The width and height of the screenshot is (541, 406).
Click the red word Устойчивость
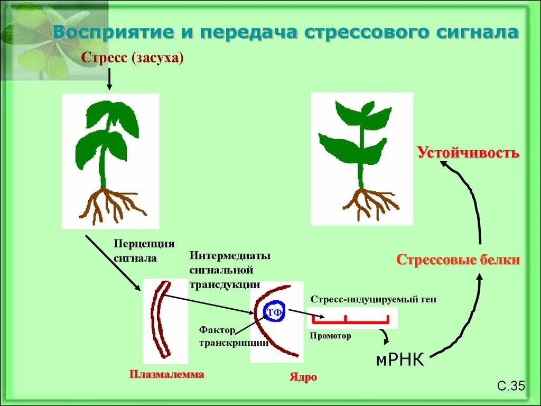click(x=468, y=153)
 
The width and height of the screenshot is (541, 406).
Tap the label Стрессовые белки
click(x=458, y=260)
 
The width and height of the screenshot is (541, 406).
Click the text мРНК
click(x=399, y=361)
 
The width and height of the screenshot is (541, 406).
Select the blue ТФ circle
click(x=274, y=312)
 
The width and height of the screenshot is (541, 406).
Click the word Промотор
click(x=330, y=336)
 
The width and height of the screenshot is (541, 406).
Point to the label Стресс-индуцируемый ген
click(x=374, y=299)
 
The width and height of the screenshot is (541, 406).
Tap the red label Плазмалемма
click(x=166, y=375)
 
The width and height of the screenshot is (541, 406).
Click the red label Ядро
click(x=303, y=377)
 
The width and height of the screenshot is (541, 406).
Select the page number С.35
click(x=511, y=387)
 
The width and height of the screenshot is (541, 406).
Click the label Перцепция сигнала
click(x=144, y=251)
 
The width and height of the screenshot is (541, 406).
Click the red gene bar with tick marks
click(x=351, y=320)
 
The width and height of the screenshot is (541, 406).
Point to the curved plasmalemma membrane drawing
click(x=160, y=319)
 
